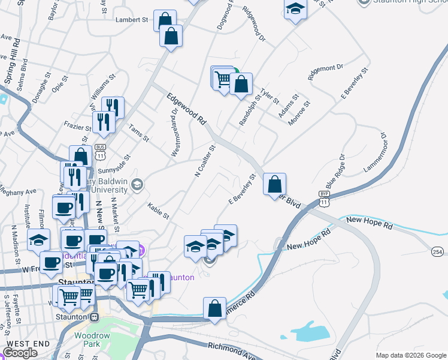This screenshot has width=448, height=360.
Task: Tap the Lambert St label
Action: pyautogui.click(x=132, y=20)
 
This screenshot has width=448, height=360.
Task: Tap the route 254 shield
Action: pyautogui.click(x=438, y=252)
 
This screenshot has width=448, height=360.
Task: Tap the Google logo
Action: pyautogui.click(x=20, y=353)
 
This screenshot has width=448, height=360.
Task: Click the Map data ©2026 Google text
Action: pyautogui.click(x=411, y=355)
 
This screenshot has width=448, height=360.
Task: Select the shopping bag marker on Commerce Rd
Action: pyautogui.click(x=214, y=308)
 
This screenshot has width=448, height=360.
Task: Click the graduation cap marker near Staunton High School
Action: pyautogui.click(x=295, y=10)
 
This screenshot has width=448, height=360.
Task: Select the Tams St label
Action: pyautogui.click(x=138, y=133)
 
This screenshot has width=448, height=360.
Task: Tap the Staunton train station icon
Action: pyautogui.click(x=93, y=317)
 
